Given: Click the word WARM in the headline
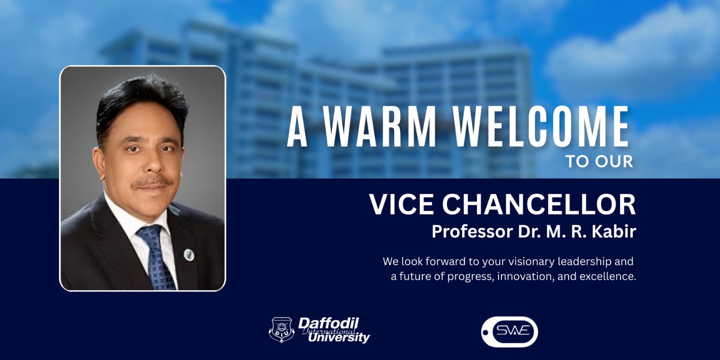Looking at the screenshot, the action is [x=380, y=126].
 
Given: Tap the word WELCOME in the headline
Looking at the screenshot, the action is [x=542, y=126].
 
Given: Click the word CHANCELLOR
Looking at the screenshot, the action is [x=539, y=204].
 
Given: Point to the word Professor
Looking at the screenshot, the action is [x=472, y=231].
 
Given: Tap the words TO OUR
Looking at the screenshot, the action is [x=599, y=162].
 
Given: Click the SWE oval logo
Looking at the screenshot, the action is [x=509, y=332].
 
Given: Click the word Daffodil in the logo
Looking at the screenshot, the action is [x=328, y=324].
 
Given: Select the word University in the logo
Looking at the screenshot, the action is [x=339, y=337].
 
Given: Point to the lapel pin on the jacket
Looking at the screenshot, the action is [x=189, y=255].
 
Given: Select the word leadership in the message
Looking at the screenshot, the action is [x=585, y=262].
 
